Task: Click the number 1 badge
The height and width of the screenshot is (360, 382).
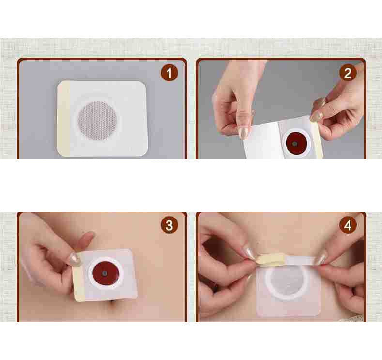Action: point(169,73)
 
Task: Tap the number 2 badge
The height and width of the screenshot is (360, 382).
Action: point(348,73)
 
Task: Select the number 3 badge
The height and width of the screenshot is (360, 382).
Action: point(169,225)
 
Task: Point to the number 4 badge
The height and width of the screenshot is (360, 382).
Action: point(348,225)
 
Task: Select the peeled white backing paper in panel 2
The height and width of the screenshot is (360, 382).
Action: point(261,143)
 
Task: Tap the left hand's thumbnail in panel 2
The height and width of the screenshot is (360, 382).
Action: point(244,132)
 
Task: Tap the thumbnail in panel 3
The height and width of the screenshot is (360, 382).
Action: point(74,259)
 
